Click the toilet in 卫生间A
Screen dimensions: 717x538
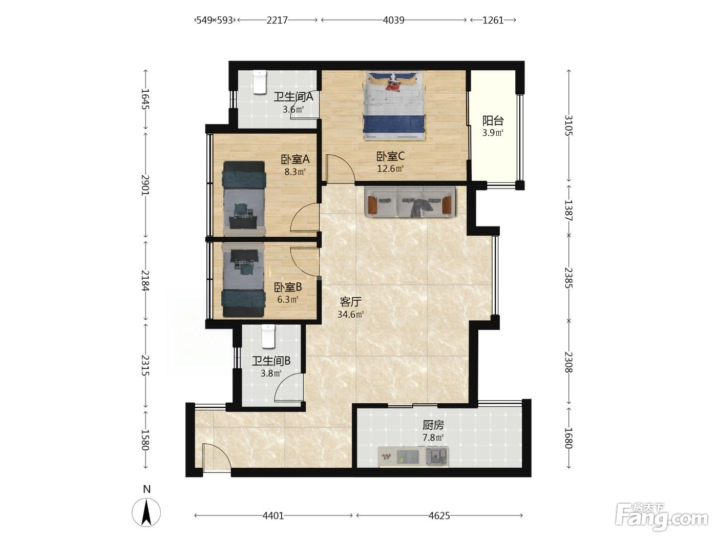tap(260, 82)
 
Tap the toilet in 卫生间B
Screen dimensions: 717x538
tap(268, 336)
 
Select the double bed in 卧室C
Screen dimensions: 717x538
tap(395, 106)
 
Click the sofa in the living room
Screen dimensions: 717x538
tap(410, 202)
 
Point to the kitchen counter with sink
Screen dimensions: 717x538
tap(413, 457)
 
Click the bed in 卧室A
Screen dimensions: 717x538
tap(244, 198)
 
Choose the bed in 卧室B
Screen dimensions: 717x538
tap(243, 280)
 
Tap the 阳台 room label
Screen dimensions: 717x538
tap(493, 120)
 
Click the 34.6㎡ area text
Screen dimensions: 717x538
tap(350, 314)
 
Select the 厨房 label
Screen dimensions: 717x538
tap(433, 425)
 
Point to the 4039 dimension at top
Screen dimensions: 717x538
tap(394, 20)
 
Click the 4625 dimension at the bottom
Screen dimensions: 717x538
tap(439, 515)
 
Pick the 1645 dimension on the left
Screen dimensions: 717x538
tap(145, 99)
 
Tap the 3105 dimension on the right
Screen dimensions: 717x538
tap(568, 126)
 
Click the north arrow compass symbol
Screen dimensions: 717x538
tap(146, 512)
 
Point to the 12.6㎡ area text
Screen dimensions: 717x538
tap(390, 169)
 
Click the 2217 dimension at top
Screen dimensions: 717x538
tap(277, 20)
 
